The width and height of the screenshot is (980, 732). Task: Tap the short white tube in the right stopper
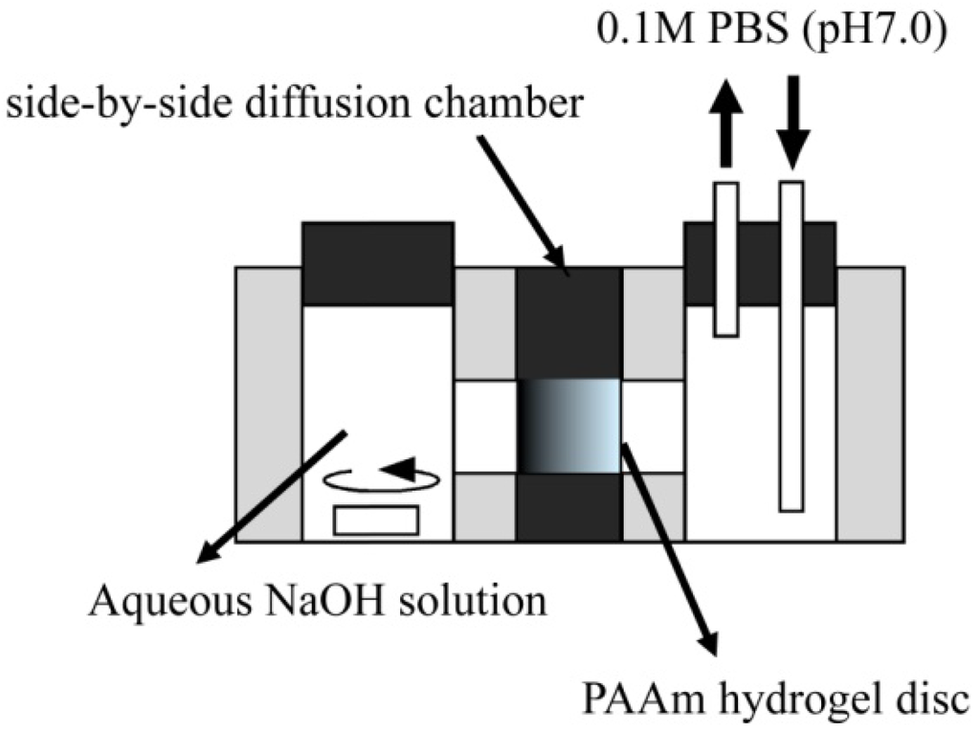[726, 258]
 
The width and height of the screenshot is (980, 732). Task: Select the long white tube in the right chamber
[791, 344]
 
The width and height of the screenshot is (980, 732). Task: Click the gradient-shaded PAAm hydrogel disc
[568, 425]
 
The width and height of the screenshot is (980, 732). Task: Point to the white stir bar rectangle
[376, 520]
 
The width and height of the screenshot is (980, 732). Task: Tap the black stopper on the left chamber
[378, 264]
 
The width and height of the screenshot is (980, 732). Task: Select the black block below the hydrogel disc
[568, 507]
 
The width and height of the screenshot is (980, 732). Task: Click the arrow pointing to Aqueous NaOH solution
[268, 498]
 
